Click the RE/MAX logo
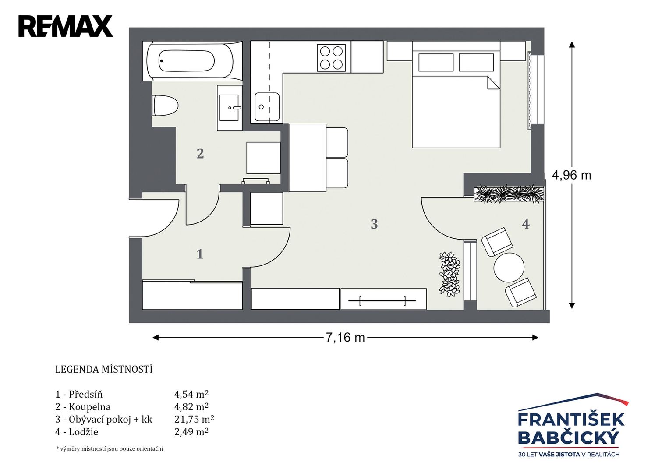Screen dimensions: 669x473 (x=66, y=26)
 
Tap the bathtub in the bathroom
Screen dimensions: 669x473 (x=192, y=61)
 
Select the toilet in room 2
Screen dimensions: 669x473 (x=165, y=106)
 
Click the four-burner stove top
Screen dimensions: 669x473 (x=331, y=57)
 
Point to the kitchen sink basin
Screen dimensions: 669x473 (x=267, y=106)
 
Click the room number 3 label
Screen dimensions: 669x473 (x=374, y=224)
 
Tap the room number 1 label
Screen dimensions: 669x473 (x=200, y=254)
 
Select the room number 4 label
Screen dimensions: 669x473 (x=526, y=224)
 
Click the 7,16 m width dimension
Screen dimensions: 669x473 (x=345, y=338)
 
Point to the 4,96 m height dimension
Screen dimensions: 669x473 (x=571, y=175)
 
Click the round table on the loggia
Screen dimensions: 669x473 (x=509, y=268)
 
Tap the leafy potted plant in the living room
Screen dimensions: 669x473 (x=449, y=275)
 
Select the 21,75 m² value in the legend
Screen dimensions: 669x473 (x=194, y=420)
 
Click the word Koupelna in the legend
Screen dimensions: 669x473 (x=90, y=407)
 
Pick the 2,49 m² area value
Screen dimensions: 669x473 (x=191, y=432)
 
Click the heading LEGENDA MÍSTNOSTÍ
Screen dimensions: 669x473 (x=104, y=369)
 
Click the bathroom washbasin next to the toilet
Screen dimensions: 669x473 (x=230, y=108)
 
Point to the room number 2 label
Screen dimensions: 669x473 (x=200, y=154)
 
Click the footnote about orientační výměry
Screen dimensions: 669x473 (x=110, y=449)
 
